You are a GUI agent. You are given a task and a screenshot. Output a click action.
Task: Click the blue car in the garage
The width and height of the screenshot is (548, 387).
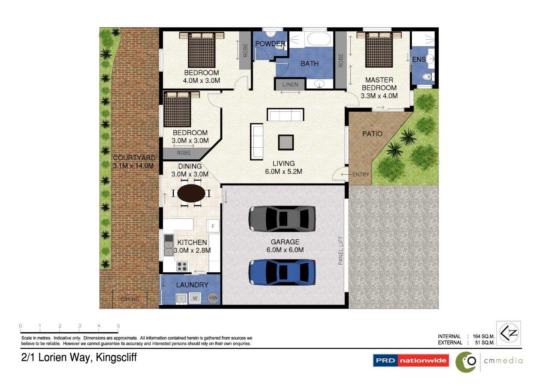point(282,272)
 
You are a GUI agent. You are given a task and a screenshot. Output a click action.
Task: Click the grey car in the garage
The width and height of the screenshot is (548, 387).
point(282,219)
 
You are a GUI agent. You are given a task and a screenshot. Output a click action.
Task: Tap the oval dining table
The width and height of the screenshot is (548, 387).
point(191,193)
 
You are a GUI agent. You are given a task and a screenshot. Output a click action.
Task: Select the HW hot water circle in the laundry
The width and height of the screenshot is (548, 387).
point(213,298)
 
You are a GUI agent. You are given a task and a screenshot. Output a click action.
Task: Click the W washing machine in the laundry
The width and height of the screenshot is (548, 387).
point(195,298)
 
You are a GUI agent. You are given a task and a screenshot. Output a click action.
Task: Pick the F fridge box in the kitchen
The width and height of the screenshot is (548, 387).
point(213,226)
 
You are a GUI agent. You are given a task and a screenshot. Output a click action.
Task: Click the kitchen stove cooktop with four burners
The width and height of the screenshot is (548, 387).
point(182,266)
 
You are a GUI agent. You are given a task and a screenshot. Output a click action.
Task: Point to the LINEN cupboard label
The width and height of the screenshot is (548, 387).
point(290,85)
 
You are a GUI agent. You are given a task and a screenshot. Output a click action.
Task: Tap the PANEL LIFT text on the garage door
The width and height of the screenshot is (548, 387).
point(340,250)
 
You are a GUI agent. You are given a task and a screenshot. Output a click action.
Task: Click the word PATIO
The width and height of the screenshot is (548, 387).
point(372,134)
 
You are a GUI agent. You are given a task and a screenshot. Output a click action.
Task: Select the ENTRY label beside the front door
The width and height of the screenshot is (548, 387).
point(360,174)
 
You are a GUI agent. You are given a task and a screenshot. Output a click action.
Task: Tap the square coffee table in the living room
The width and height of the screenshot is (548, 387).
point(286,143)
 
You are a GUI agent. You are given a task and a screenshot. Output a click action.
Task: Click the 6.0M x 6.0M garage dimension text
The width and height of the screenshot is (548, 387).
point(285,250)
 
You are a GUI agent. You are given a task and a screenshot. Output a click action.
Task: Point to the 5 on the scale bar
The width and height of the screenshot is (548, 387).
point(119,326)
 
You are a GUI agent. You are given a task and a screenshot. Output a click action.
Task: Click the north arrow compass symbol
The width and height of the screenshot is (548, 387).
point(509,333)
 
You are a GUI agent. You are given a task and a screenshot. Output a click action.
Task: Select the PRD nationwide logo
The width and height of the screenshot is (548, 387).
point(411,360)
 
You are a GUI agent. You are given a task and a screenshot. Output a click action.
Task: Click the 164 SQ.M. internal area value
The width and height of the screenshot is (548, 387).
point(483,336)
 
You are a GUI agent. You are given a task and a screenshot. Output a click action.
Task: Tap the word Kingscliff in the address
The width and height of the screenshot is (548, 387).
point(116,357)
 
